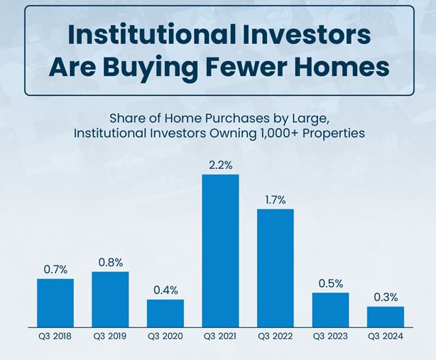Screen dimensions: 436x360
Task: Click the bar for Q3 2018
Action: coord(55,303)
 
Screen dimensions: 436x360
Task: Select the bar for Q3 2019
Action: coord(110,300)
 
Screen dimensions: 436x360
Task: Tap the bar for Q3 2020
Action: coord(165,313)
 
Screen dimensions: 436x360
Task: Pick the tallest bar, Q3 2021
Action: coord(221,251)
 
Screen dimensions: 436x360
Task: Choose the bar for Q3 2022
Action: coord(276,268)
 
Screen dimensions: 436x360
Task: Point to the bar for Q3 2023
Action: coord(330,310)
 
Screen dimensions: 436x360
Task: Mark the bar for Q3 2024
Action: coord(386,317)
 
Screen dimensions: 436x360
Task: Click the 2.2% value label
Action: coord(221,165)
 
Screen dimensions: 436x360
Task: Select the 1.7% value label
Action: coord(276,200)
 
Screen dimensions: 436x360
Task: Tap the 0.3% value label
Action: coord(386,298)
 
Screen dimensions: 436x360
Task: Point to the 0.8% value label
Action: coord(111,263)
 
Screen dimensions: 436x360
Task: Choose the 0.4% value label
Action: coord(165,290)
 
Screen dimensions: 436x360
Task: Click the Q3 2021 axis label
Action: coord(220,337)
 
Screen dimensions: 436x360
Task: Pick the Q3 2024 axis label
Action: coord(386,337)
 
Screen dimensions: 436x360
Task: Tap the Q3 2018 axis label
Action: coord(55,337)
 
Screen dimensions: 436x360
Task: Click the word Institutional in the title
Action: coord(148,35)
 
